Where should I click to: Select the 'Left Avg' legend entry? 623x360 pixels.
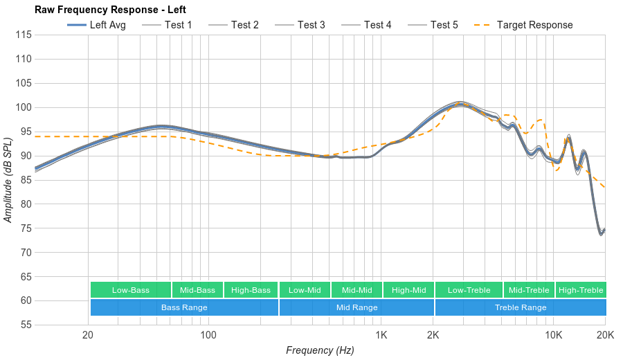coord(107,25)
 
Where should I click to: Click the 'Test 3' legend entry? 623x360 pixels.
coord(311,25)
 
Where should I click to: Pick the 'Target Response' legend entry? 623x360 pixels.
coord(534,25)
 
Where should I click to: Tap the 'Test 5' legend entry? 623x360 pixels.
coord(444,25)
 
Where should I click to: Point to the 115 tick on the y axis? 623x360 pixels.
coord(24,35)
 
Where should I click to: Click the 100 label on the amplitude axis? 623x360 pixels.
coord(24,107)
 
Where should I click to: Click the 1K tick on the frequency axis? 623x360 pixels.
coord(381,335)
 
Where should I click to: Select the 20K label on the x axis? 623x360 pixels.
coord(605,335)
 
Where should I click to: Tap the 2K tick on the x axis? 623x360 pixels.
coord(433,335)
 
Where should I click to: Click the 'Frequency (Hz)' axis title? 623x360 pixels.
coord(320,350)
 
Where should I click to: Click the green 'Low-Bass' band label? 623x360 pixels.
coord(130,290)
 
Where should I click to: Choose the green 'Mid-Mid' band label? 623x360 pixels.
coord(356,290)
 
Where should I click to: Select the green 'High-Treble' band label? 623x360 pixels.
coord(581,290)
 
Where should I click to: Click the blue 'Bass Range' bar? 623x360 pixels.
coord(184,307)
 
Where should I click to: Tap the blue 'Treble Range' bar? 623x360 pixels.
coord(521,307)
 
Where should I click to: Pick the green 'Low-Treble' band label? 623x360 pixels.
coord(469,290)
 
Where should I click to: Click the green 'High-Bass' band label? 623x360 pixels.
coord(251,290)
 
